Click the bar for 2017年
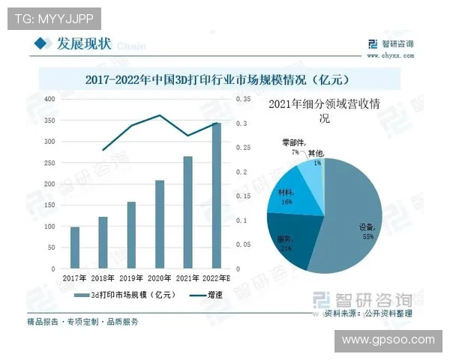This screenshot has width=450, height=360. coord(75,247)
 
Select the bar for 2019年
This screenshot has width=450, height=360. coord(131,235)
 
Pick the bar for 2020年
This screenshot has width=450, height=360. coord(160,224)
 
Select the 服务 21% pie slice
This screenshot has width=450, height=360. coord(289,241)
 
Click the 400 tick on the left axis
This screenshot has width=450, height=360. coord(49,99)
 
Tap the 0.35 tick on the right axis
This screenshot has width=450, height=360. coord(242,99)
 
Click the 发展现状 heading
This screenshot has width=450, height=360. coord(84,44)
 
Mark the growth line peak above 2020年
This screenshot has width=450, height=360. coord(160,115)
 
